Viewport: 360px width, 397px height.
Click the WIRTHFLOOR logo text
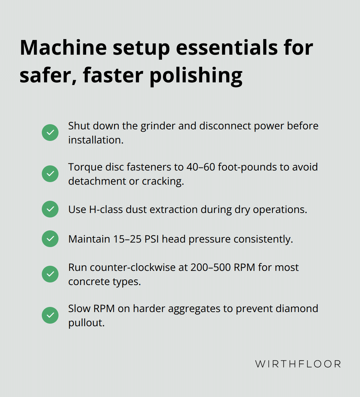click(x=298, y=364)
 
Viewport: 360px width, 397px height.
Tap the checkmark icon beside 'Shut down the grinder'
click(x=50, y=133)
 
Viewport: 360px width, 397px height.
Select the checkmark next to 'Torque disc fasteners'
click(x=50, y=174)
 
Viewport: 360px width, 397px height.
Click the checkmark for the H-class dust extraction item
click(x=50, y=209)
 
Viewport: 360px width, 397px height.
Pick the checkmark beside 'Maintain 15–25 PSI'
click(x=50, y=239)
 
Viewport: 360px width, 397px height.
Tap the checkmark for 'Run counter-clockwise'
click(x=50, y=274)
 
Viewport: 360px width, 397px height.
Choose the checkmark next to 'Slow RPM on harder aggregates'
click(x=50, y=315)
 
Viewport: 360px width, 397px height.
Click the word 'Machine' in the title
click(x=63, y=48)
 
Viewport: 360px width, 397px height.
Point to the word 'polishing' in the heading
click(x=196, y=76)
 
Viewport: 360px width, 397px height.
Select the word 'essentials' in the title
click(x=227, y=48)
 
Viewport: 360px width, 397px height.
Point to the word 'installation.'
click(x=96, y=140)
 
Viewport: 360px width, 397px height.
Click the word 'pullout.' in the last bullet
click(x=86, y=323)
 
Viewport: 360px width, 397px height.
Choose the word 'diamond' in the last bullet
click(x=297, y=309)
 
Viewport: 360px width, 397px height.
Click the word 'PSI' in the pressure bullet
click(x=152, y=239)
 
